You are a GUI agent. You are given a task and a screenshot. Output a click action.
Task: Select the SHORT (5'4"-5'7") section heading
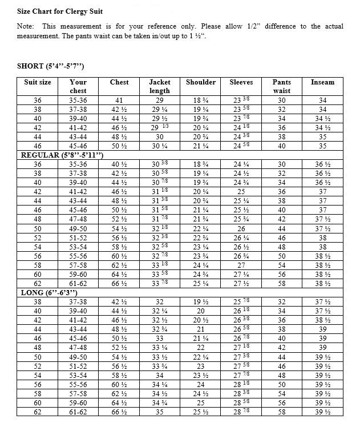(x=51, y=66)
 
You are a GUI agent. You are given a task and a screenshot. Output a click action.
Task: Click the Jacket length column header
(x=159, y=86)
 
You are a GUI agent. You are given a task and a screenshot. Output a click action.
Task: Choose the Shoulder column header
(x=201, y=82)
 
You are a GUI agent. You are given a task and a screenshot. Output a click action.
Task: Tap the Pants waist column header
(x=281, y=86)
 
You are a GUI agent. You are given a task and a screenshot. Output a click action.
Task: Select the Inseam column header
(x=322, y=82)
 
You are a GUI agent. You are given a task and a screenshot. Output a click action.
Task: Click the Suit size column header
(x=38, y=82)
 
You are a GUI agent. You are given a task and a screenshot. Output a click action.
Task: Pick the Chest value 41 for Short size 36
(x=119, y=100)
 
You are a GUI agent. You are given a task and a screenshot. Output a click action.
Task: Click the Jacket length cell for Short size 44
(x=159, y=137)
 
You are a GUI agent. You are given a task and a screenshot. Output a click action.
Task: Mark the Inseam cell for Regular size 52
(x=322, y=237)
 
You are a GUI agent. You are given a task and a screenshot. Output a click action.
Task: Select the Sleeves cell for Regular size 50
(x=241, y=228)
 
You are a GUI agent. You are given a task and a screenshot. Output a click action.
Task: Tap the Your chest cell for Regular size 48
(x=78, y=219)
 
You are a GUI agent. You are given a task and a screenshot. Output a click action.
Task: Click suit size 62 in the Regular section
(x=38, y=283)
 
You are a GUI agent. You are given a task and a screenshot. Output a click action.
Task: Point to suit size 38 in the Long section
(x=38, y=301)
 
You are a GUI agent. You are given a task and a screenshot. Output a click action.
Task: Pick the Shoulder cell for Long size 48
(x=201, y=347)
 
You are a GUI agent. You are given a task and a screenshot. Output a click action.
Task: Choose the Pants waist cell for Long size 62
(x=281, y=411)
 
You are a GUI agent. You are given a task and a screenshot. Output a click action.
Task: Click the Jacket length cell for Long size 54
(x=159, y=374)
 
